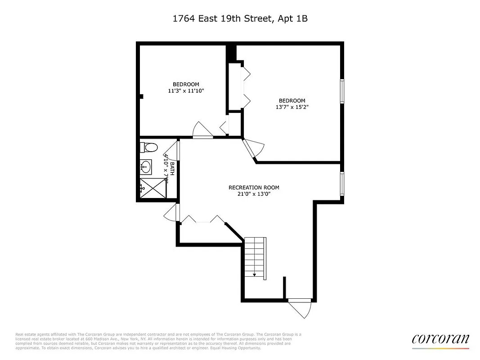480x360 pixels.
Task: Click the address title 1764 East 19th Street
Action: click(240, 19)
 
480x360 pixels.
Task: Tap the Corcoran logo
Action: click(440, 339)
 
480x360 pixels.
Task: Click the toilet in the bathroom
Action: click(149, 148)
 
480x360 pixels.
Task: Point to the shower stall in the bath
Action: click(153, 188)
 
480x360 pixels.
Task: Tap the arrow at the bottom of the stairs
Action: click(254, 274)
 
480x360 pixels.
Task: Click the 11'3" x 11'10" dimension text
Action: click(186, 91)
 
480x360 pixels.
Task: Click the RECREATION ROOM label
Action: click(254, 188)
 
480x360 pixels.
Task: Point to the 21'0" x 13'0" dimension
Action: click(254, 194)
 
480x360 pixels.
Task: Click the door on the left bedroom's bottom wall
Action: click(202, 130)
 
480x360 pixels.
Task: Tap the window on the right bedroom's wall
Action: click(342, 91)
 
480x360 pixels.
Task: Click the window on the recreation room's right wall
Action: click(342, 184)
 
